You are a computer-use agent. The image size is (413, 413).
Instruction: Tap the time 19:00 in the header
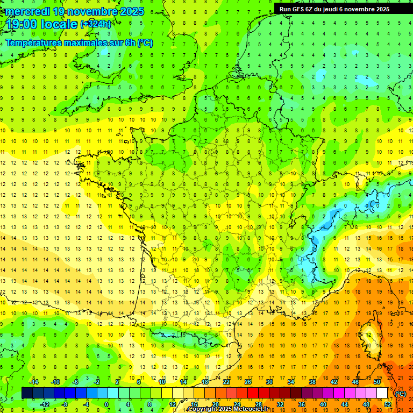[23, 25]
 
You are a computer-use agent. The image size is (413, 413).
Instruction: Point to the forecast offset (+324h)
[96, 24]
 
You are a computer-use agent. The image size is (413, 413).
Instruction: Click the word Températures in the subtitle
[35, 42]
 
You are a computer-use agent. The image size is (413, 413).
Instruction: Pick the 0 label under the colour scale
[106, 404]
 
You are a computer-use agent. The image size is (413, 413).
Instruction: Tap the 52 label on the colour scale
[388, 404]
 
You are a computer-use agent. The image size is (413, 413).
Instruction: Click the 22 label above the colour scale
[226, 381]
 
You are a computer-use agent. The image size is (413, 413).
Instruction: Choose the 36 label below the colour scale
[302, 404]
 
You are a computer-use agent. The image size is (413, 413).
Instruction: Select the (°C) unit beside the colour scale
[401, 393]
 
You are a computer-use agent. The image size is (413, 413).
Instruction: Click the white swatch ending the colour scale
[382, 393]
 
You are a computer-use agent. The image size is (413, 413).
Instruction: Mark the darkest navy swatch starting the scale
[27, 393]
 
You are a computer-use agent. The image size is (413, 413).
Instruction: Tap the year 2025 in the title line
[131, 11]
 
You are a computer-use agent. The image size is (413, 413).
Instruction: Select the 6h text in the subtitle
[129, 42]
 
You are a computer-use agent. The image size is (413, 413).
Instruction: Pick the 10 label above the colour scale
[162, 381]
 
